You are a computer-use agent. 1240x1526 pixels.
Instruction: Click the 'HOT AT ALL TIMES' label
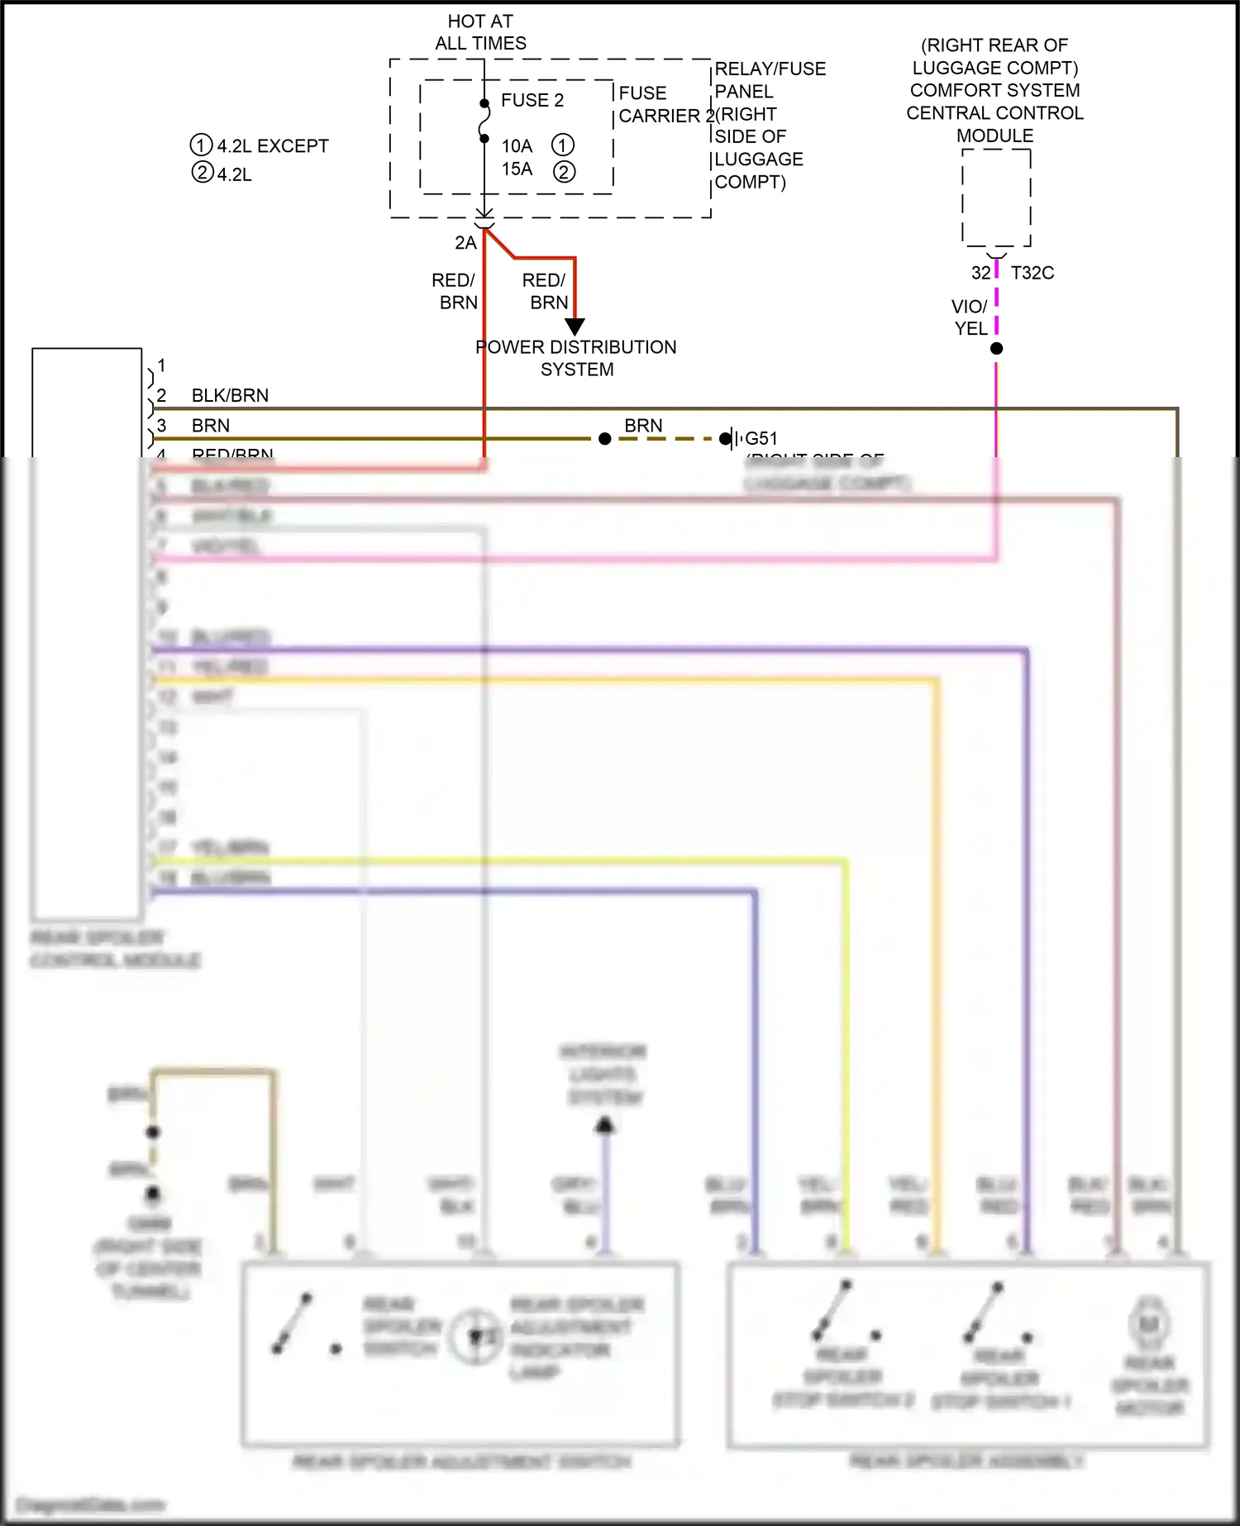480,32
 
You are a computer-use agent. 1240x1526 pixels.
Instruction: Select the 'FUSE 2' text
532,100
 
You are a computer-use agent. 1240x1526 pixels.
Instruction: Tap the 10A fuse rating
517,146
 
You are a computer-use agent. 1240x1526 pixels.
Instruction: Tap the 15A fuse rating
517,169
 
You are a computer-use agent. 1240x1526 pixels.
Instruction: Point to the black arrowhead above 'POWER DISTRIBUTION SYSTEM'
575,327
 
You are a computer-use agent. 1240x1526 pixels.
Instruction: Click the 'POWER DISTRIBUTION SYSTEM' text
576,358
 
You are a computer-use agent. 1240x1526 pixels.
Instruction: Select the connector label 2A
465,243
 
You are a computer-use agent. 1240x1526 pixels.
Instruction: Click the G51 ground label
761,438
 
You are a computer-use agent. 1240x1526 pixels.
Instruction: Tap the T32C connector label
1032,273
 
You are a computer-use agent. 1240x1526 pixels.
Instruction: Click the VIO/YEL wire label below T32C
970,317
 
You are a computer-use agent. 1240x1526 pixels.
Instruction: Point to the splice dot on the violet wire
996,349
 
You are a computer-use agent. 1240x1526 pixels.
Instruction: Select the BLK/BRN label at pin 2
230,395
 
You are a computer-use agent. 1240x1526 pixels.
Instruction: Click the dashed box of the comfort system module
996,198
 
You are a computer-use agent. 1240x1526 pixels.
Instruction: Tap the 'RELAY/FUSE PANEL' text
770,80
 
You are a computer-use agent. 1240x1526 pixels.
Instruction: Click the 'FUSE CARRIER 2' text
659,104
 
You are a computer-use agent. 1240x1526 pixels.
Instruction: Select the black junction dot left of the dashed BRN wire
605,439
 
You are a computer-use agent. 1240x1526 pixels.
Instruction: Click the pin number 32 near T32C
980,273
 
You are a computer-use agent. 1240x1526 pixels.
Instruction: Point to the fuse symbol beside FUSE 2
484,122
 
